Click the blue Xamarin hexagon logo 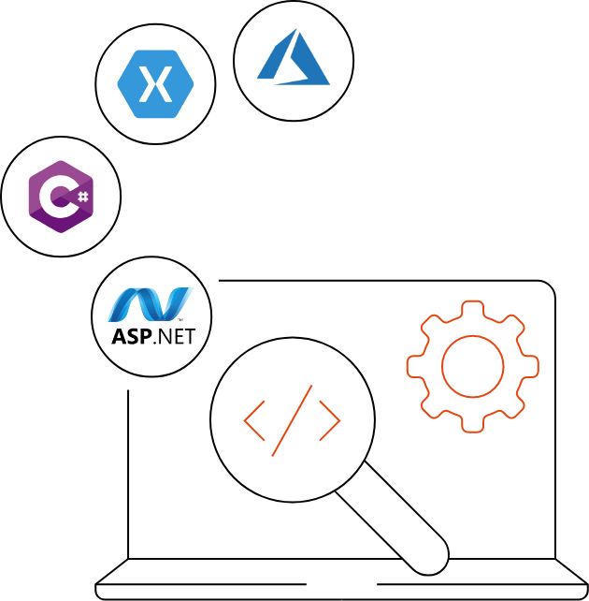[155, 84]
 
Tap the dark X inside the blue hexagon [155, 84]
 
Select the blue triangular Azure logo [294, 61]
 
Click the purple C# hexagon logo [61, 197]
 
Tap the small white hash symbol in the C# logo [82, 197]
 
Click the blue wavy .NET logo [150, 304]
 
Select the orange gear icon [472, 366]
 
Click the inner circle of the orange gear [472, 366]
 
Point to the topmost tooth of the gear [472, 307]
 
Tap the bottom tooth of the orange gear [472, 425]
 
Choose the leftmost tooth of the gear [413, 366]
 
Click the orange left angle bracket [253, 421]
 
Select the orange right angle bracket [330, 421]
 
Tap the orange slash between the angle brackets [292, 420]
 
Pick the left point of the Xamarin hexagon [120, 84]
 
